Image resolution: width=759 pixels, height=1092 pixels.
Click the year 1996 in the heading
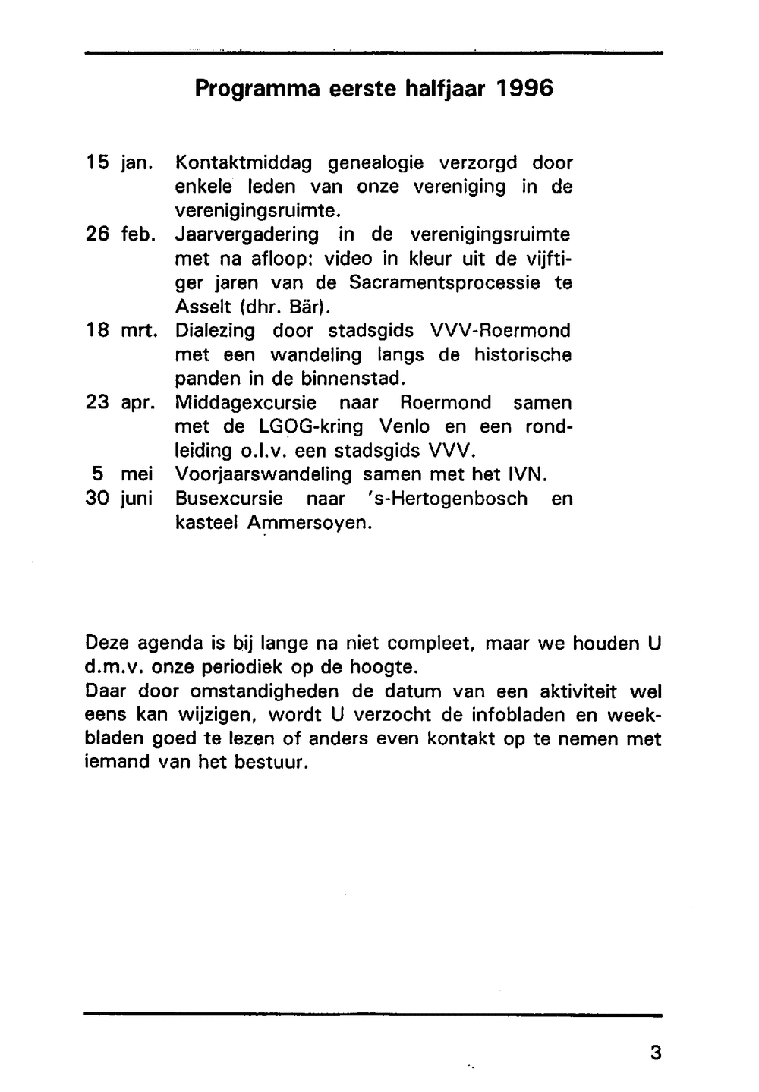[x=524, y=89]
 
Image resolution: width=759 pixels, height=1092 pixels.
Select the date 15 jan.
[x=120, y=163]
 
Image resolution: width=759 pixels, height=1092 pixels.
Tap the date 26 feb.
[x=121, y=234]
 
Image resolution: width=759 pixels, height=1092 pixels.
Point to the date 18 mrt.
[x=121, y=331]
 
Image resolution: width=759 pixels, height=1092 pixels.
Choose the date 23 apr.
[x=121, y=403]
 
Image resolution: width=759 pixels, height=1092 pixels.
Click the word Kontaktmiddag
[x=244, y=163]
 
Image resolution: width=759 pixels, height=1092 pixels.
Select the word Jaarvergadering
[x=247, y=235]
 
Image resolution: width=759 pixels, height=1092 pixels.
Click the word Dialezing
[x=216, y=331]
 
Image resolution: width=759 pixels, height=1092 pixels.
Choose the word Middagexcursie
[x=245, y=403]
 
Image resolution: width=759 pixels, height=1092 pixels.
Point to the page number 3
[x=656, y=1053]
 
